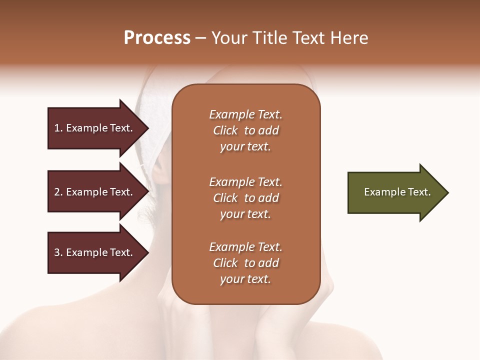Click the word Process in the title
coord(157,38)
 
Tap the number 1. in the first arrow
coord(58,128)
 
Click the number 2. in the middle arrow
coord(58,192)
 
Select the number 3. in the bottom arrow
coord(58,252)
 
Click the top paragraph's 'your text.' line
coord(245,147)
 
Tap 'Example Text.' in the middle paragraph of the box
coord(245,182)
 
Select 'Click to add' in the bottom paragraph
coord(245,263)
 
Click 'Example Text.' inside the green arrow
coord(397,192)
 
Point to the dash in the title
coord(200,38)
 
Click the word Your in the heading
coord(229,38)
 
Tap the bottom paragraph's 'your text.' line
coord(245,279)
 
